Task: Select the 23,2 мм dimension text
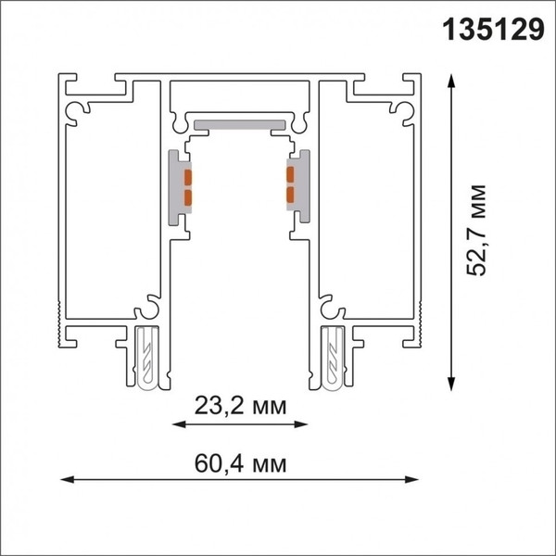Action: (x=240, y=405)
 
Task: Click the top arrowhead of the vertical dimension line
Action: (x=451, y=82)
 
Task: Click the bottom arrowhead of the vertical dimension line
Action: (x=451, y=382)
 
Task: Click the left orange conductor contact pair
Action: (x=187, y=187)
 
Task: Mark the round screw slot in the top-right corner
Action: (x=404, y=110)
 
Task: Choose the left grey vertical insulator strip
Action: (x=175, y=186)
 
